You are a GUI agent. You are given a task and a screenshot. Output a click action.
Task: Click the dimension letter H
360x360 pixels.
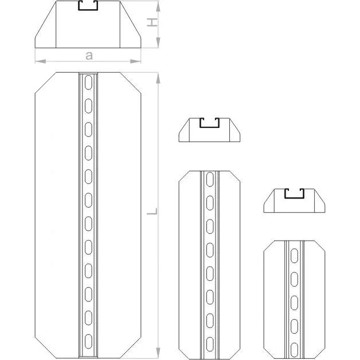[x=152, y=22]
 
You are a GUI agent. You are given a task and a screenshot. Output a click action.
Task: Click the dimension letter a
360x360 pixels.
[x=89, y=56]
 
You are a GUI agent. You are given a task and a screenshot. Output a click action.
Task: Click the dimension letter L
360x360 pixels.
[x=152, y=211]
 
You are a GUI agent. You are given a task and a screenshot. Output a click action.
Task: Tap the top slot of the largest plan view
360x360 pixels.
[x=88, y=82]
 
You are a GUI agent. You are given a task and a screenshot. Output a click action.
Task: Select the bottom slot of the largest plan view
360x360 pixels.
[x=88, y=342]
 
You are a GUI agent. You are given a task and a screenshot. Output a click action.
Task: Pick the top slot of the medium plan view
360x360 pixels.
[x=210, y=179]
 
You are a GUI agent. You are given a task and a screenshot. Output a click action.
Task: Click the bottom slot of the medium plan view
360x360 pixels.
[x=210, y=344]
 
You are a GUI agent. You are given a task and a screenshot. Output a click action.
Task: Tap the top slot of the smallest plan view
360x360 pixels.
[x=294, y=255]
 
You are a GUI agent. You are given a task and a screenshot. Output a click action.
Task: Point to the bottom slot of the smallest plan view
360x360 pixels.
[x=294, y=350]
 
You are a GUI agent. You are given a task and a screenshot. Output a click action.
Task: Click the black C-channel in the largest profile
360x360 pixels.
[x=88, y=10]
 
